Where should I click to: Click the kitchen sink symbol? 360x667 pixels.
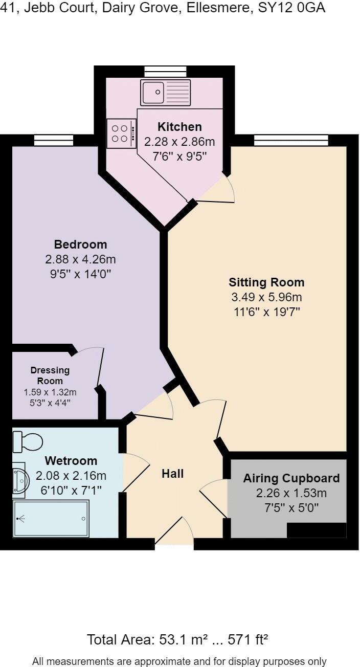tap(165, 93)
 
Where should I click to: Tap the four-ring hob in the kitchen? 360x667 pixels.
tap(121, 134)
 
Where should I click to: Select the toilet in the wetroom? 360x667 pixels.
tap(28, 440)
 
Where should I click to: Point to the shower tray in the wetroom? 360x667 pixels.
tap(51, 519)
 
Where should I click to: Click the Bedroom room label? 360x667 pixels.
tap(80, 244)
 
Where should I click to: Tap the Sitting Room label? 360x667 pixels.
tap(266, 282)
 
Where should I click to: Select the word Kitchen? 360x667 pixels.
tap(179, 126)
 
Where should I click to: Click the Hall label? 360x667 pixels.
tap(172, 474)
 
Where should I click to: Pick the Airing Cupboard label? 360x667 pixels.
tap(291, 478)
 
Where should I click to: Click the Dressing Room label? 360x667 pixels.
tap(50, 375)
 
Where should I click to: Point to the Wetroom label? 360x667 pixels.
tap(71, 460)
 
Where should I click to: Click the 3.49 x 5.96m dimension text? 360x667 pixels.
tap(266, 297)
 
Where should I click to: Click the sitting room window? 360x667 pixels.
tap(291, 140)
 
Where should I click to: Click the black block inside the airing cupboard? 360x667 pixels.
tap(316, 530)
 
